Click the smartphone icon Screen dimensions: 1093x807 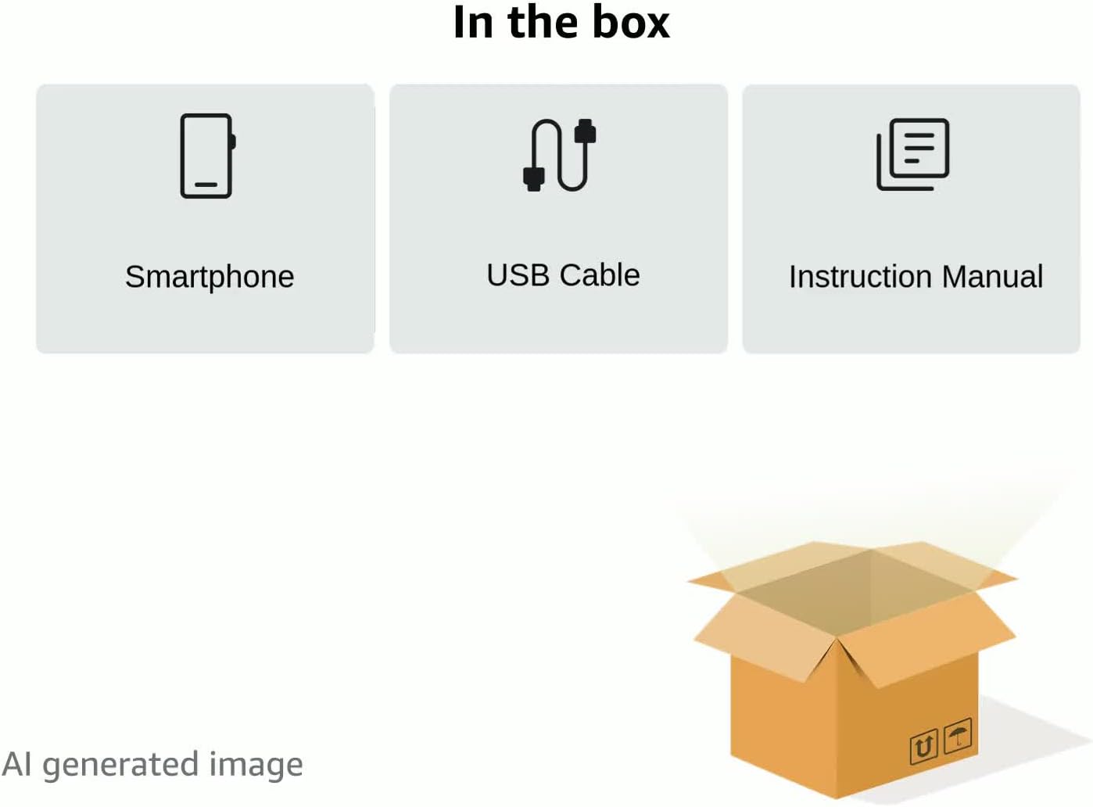[206, 156]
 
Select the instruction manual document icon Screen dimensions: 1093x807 [912, 154]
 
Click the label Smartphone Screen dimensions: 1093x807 [210, 277]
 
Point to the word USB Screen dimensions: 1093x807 [518, 275]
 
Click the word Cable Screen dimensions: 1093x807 [600, 275]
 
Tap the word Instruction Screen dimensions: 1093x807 [860, 277]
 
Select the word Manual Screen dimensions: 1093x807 [992, 277]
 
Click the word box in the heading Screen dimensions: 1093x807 [631, 22]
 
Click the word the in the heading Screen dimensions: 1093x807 [543, 22]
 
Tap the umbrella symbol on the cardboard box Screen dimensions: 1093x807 [958, 736]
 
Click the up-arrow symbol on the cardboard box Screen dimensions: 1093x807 [923, 746]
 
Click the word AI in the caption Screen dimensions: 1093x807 [17, 765]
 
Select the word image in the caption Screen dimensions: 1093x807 [256, 766]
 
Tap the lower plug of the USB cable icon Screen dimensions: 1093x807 [534, 179]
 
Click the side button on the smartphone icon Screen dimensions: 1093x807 [233, 142]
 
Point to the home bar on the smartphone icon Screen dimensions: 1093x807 [206, 185]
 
